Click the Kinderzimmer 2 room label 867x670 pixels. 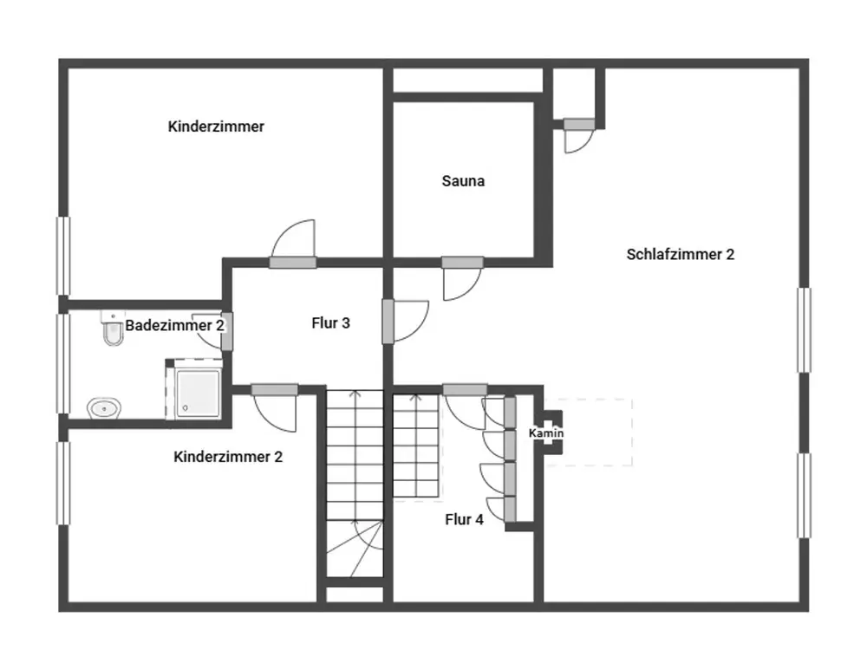228,457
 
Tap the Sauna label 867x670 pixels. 463,181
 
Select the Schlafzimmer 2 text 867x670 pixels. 680,254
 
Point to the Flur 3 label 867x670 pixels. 330,323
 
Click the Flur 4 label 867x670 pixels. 464,519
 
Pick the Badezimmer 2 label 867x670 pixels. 175,326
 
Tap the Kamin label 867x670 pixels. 546,433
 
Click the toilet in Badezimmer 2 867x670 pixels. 112,329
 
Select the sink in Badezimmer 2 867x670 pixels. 104,407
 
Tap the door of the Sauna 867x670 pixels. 462,263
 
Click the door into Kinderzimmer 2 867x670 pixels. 274,390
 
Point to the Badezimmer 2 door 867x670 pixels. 226,330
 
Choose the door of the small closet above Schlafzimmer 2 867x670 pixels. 577,125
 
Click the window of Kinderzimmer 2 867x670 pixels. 62,483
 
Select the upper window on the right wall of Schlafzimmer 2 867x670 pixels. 805,329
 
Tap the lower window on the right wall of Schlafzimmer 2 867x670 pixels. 805,495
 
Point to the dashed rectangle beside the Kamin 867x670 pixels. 598,433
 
